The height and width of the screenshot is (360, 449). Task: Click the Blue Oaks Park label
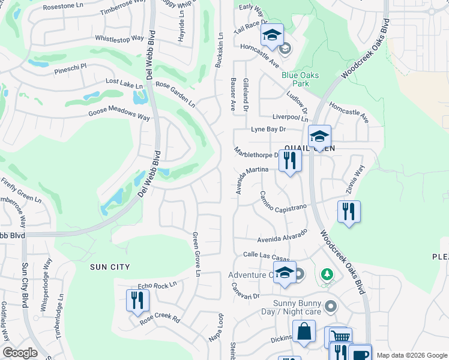coord(300,79)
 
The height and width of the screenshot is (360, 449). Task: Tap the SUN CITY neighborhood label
coord(110,266)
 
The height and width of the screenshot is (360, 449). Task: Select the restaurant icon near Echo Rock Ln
coord(137,300)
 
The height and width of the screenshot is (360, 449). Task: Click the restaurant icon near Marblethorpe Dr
coord(290,161)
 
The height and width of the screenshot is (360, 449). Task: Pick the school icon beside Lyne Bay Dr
coord(320,136)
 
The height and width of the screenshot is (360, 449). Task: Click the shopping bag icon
coord(304,331)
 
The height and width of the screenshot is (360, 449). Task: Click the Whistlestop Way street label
coord(119,38)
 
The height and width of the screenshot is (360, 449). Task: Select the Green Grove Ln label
coord(196,254)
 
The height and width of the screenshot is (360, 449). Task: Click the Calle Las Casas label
coord(267,255)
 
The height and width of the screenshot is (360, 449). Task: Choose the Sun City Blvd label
coord(25,284)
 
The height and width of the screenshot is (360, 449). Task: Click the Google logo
coord(20,353)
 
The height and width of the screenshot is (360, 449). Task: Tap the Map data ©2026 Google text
coord(412,355)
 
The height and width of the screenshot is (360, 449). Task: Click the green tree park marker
coord(327,274)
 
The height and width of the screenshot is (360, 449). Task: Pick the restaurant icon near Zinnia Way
coord(349,212)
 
